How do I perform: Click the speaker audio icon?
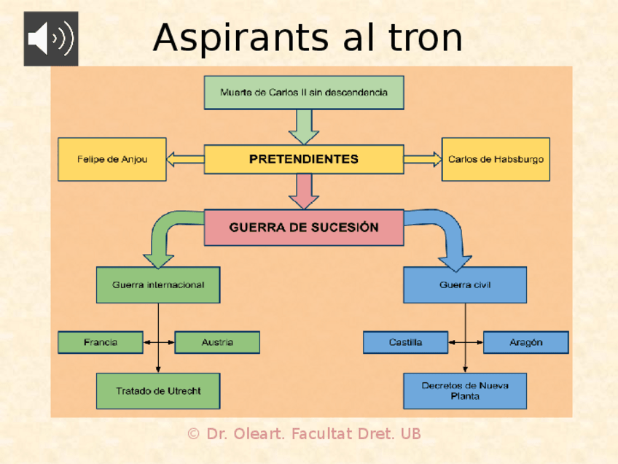[50, 39]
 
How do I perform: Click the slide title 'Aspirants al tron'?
[308, 37]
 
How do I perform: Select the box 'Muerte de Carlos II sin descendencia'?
[304, 93]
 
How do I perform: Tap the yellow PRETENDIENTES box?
[304, 159]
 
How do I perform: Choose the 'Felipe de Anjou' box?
[112, 159]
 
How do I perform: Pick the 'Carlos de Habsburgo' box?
[496, 159]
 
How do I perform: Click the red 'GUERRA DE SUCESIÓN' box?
[304, 227]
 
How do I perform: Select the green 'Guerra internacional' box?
[158, 285]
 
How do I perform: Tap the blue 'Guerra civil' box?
[465, 285]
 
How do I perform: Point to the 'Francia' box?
[100, 342]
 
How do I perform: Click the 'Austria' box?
[217, 342]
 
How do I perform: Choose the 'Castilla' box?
[405, 342]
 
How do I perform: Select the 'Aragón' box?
[525, 342]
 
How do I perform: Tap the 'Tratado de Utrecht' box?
[158, 391]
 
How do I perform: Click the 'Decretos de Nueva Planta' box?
[465, 391]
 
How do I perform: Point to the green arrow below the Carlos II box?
[304, 127]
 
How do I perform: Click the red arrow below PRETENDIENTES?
[304, 192]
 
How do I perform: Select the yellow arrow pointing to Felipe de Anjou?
[184, 159]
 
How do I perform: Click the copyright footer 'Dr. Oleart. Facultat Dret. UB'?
[304, 434]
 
